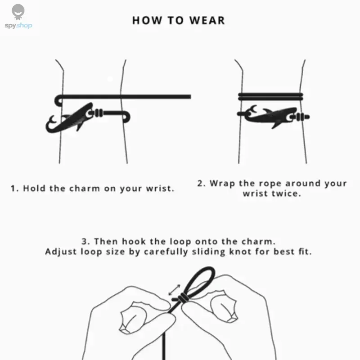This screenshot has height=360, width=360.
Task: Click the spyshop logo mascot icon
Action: coord(18,12)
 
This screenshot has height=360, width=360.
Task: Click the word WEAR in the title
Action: coord(207,20)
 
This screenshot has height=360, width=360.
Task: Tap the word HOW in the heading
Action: coord(147,20)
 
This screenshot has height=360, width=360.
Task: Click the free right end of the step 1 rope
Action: coord(190,97)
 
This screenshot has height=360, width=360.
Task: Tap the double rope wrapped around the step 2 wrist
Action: coord(270,97)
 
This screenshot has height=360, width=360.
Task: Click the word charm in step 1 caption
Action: coord(85,189)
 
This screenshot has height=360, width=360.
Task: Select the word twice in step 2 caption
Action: coord(286,193)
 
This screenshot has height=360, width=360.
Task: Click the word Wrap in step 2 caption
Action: coord(222,184)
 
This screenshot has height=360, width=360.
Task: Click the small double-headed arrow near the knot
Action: coord(175,290)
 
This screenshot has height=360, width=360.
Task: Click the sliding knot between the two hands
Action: coord(182,298)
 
